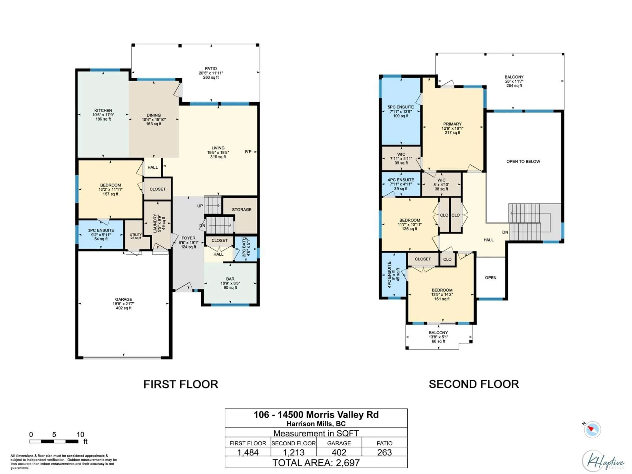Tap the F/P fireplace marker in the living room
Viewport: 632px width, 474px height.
coord(248,152)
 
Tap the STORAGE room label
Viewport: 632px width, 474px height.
coord(241,209)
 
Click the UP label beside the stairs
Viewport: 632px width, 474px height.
coord(200,206)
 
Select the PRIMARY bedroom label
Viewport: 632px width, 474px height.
coord(452,124)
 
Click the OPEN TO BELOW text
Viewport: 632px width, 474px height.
coord(523,161)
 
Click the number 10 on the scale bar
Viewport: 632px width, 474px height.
coord(80,434)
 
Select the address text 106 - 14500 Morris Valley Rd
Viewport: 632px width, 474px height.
coord(316,415)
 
